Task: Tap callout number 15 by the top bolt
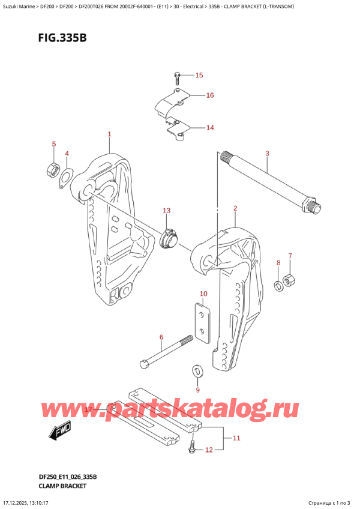199,75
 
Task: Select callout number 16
209,95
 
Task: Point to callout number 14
209,127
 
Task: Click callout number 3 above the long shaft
267,154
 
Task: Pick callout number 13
166,211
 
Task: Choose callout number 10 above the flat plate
203,294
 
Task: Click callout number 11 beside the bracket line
236,438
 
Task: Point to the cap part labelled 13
169,238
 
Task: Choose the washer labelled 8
279,285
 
